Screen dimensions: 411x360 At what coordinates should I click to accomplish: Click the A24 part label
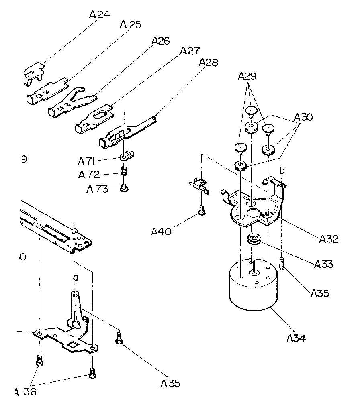tap(99, 15)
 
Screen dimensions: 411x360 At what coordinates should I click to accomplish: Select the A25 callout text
tap(130, 25)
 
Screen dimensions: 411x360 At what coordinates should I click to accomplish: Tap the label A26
tap(161, 41)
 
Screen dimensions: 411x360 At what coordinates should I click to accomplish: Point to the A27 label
tap(190, 51)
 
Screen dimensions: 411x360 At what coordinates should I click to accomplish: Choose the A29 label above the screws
tap(247, 76)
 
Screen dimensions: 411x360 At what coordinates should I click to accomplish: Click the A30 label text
tap(304, 118)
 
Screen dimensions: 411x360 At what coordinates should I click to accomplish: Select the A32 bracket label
tap(329, 240)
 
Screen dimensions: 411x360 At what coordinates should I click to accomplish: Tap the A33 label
tap(324, 265)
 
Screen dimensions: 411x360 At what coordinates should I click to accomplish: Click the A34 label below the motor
tap(296, 338)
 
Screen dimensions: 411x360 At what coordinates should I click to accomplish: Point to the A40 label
tap(162, 232)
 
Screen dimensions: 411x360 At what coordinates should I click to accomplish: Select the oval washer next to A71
tap(127, 155)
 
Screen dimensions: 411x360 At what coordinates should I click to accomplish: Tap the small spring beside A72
tap(124, 172)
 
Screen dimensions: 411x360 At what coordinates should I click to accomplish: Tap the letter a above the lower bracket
tap(75, 277)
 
